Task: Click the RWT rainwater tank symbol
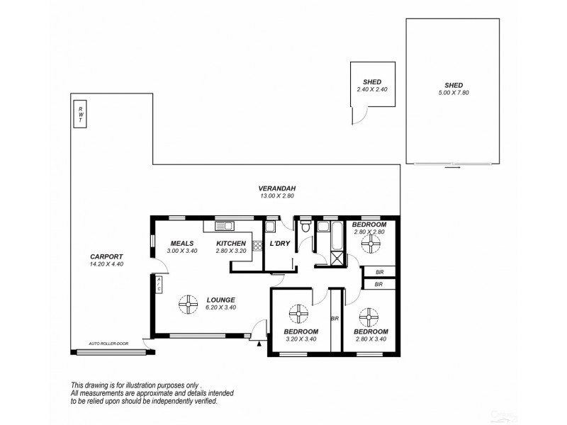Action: pyautogui.click(x=80, y=113)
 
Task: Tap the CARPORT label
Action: pyautogui.click(x=107, y=256)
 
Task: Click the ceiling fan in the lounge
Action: pyautogui.click(x=189, y=305)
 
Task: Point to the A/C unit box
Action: pyautogui.click(x=159, y=285)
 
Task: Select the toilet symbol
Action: pyautogui.click(x=305, y=226)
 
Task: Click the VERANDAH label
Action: pyautogui.click(x=273, y=188)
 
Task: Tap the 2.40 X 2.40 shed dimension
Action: pyautogui.click(x=372, y=90)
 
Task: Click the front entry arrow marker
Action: pyautogui.click(x=260, y=344)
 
